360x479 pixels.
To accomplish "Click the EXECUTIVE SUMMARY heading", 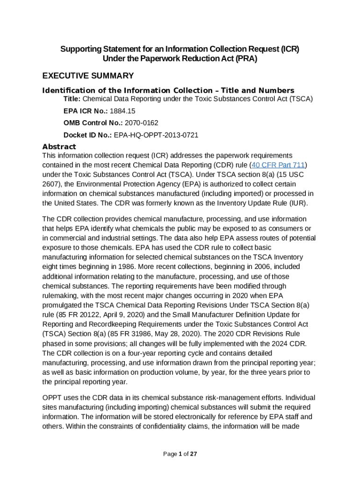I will [x=88, y=76].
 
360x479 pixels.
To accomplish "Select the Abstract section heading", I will [x=59, y=146].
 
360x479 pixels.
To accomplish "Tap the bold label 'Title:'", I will [x=72, y=99].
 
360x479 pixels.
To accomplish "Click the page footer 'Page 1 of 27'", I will [x=180, y=454].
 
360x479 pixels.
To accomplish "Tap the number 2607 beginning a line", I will [x=51, y=184].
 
